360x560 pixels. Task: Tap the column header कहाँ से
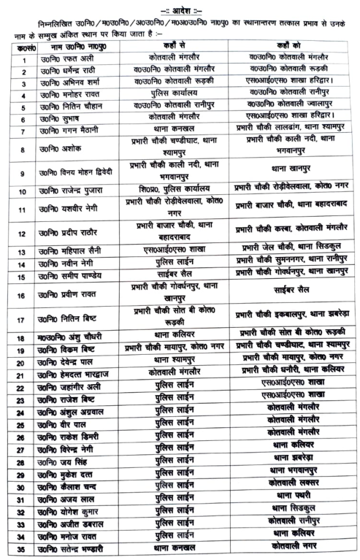(x=173, y=47)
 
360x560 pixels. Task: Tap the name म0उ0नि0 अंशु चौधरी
(x=72, y=338)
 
